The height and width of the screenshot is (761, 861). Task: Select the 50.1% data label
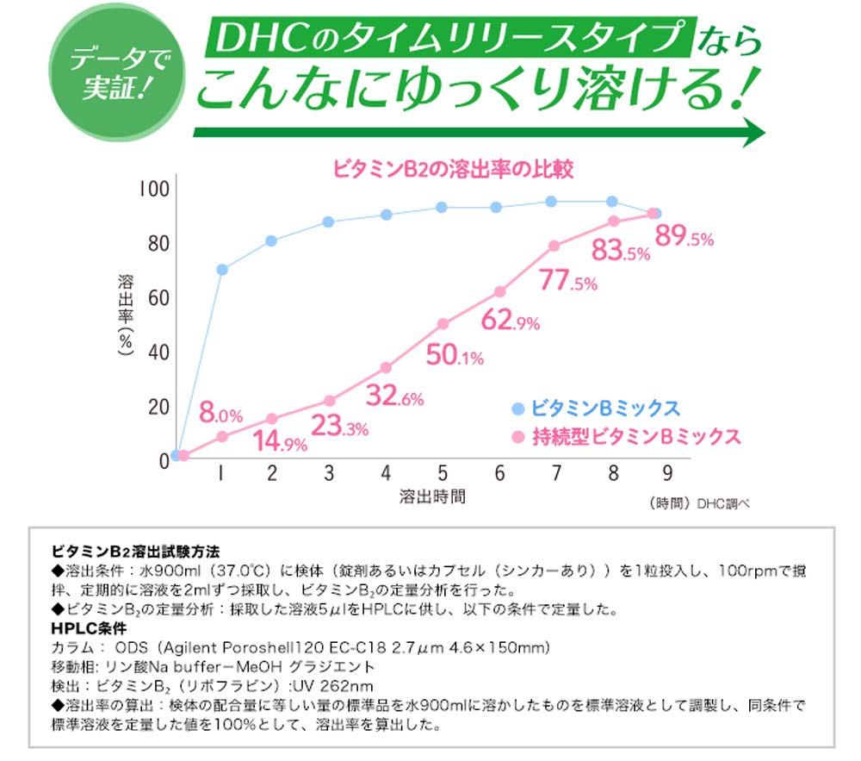[x=455, y=355]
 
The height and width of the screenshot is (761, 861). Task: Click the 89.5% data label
[x=684, y=237]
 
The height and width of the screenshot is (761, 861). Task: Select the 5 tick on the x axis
[x=442, y=472]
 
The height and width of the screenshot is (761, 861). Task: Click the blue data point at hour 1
[x=222, y=270]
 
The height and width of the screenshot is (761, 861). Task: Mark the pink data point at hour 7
[x=554, y=246]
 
